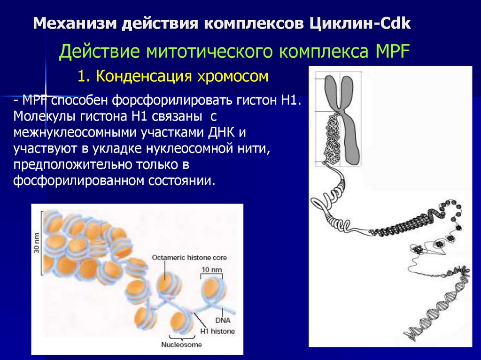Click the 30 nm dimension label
click(x=37, y=243)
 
